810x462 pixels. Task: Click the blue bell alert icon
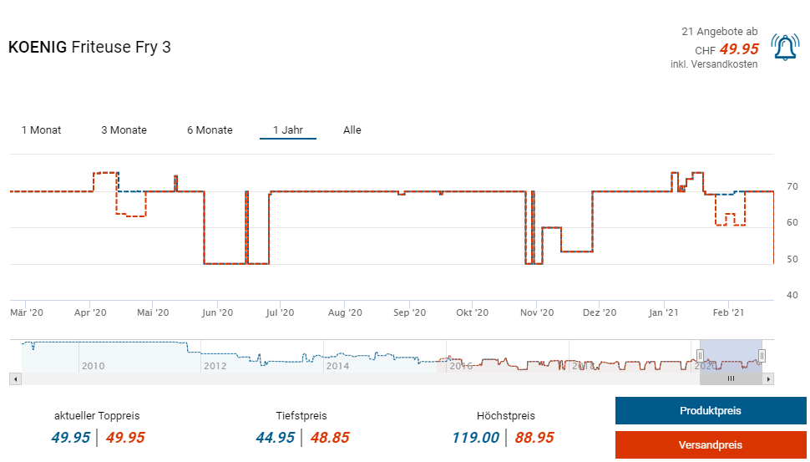[785, 48]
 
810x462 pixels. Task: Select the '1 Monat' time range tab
[41, 130]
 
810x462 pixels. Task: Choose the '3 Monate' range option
[124, 130]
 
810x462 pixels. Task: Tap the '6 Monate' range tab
[210, 130]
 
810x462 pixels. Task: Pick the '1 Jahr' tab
[287, 130]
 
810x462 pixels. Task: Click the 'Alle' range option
[352, 130]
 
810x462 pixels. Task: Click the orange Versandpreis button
[710, 445]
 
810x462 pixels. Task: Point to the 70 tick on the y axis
[792, 186]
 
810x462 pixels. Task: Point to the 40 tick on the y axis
[792, 295]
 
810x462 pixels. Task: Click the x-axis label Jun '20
[217, 312]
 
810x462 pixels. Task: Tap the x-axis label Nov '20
[537, 312]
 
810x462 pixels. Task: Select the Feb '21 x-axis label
[727, 312]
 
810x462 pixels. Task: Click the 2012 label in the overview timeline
[215, 366]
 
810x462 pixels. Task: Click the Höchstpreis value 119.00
[475, 438]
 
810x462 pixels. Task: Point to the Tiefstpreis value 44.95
[276, 438]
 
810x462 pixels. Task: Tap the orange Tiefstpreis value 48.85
[330, 438]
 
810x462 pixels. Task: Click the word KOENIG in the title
[38, 48]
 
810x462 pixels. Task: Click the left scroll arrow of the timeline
[15, 378]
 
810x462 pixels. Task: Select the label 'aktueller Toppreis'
[97, 415]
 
